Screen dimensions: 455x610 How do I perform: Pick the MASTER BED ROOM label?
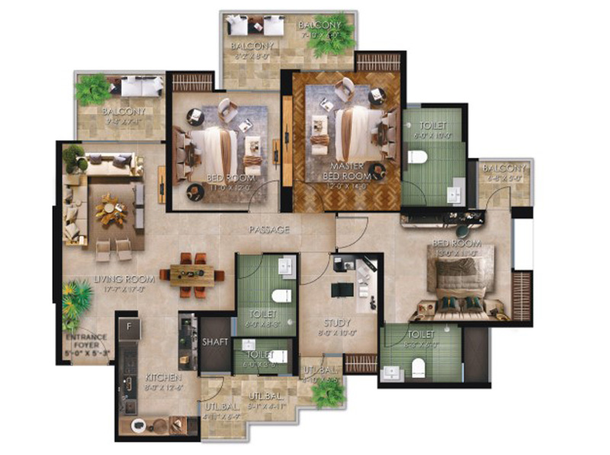350,170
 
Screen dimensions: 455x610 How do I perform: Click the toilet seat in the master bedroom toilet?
416,158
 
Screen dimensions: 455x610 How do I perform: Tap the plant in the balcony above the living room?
92,89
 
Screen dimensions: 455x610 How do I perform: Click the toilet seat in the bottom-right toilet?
417,369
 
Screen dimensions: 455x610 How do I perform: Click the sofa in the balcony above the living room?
142,86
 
